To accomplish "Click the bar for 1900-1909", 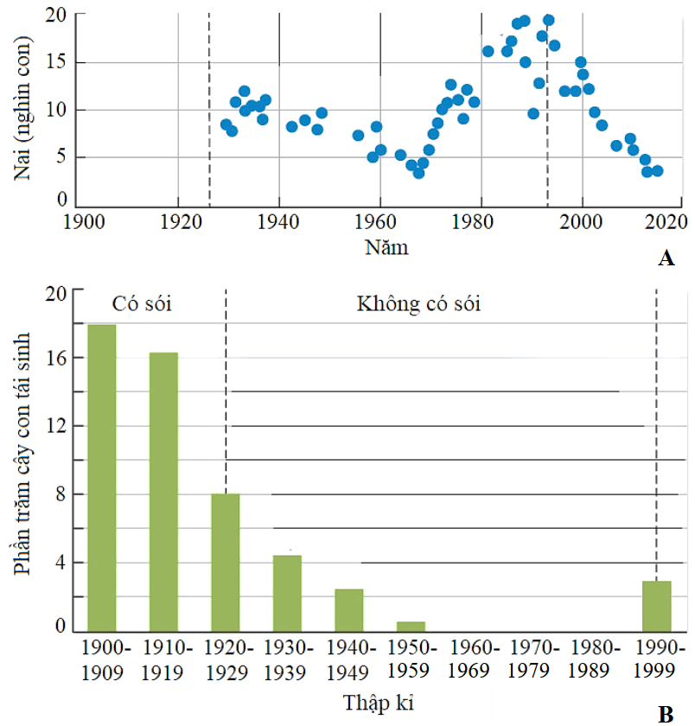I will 101,477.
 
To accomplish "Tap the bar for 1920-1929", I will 226,562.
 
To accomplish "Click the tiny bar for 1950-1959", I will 411,626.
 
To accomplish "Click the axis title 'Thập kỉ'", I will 381,703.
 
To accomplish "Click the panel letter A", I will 666,258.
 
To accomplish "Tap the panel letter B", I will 666,714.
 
